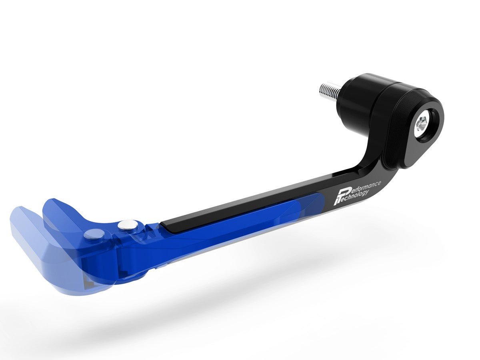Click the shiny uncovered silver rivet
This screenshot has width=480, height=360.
[127, 225]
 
